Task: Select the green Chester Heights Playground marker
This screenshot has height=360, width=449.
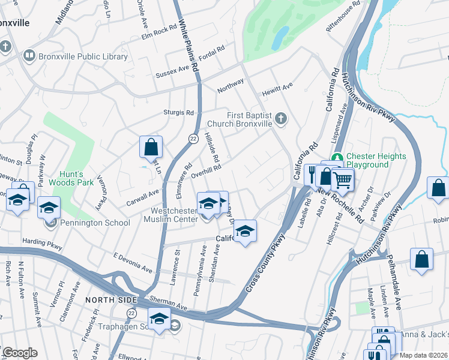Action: [x=337, y=157]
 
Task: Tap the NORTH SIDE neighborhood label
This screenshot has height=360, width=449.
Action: [x=107, y=299]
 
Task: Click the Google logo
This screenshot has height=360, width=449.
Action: [x=19, y=353]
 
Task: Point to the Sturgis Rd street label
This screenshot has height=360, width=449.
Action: [x=178, y=112]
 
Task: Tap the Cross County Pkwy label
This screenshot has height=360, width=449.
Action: [x=265, y=263]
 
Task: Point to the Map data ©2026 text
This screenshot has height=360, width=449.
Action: [x=423, y=355]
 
